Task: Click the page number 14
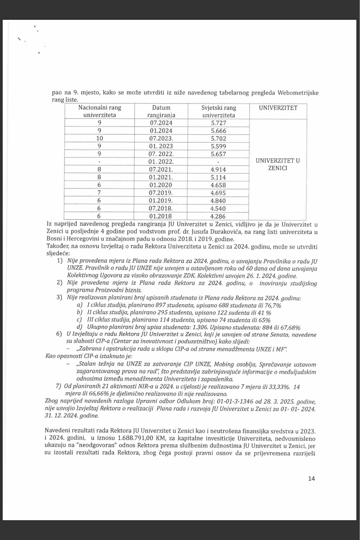[311, 478]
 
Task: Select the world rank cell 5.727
[219, 123]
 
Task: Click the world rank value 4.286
[219, 216]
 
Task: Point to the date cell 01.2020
[160, 185]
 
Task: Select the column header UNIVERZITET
[278, 108]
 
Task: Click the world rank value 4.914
[219, 170]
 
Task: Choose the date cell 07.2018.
[161, 208]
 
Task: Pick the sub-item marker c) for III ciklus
[79, 320]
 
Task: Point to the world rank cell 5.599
[219, 146]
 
